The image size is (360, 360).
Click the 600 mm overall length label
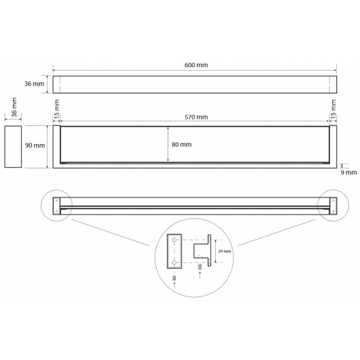(x=196, y=65)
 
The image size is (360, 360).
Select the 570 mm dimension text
(x=196, y=117)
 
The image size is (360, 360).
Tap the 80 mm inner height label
(x=182, y=145)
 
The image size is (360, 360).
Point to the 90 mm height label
(x=35, y=146)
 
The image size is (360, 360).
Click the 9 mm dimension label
(x=349, y=173)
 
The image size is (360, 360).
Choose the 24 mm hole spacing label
(x=225, y=252)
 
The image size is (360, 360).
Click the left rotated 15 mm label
(x=57, y=108)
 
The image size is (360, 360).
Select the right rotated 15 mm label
(x=333, y=108)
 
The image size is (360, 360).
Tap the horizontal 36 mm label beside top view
(x=34, y=84)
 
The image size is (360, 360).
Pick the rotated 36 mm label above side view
(x=14, y=107)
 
